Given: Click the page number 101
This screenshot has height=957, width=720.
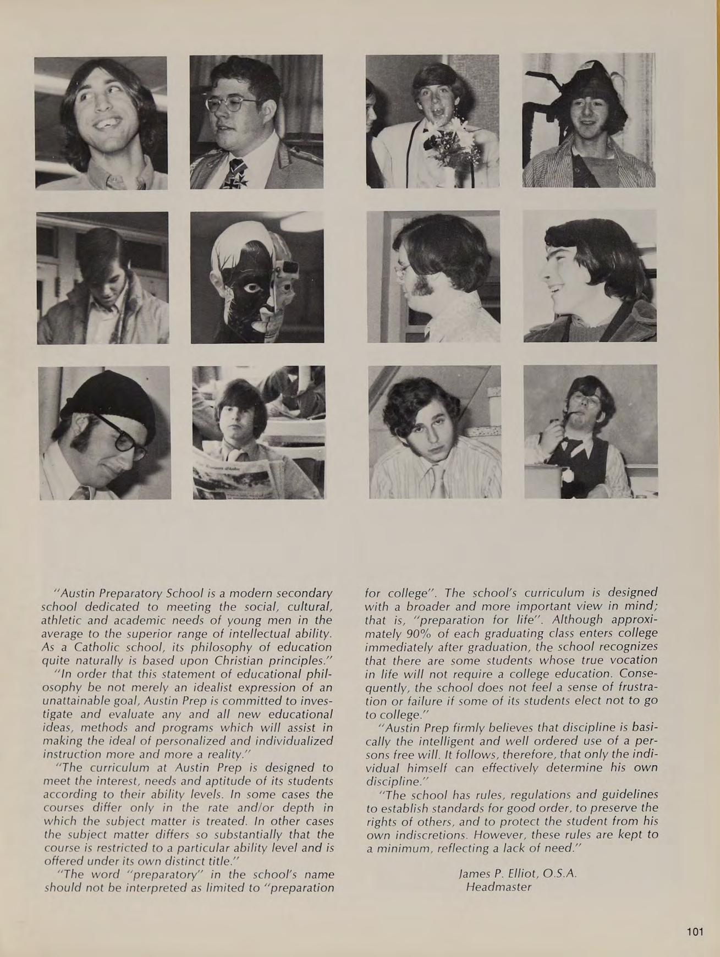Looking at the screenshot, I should coord(695,932).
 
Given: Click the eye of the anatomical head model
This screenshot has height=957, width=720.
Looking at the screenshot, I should coord(252,287).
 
